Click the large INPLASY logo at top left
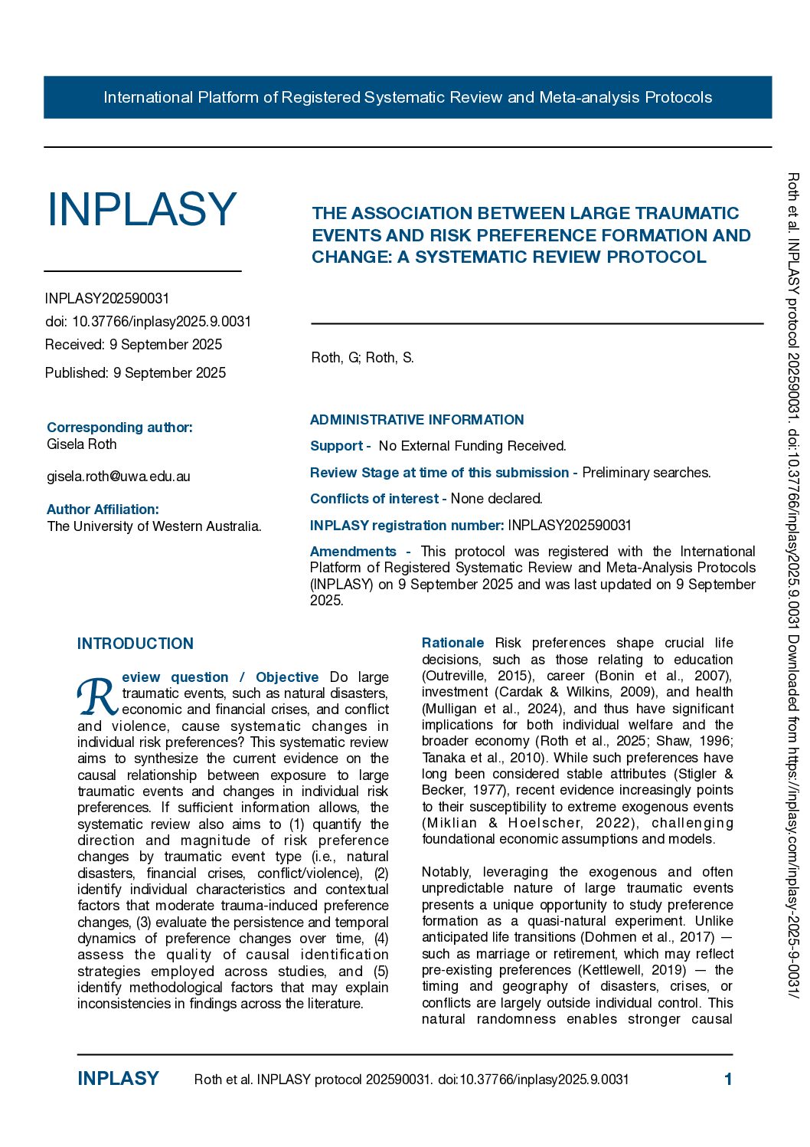point(142,209)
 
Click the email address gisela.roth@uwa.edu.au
point(119,477)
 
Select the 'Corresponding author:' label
point(119,428)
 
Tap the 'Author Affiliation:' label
point(103,510)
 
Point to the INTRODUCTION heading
point(136,644)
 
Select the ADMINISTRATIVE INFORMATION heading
point(416,420)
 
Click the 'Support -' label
point(340,446)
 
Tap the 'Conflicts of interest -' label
point(378,499)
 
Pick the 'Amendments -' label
point(359,552)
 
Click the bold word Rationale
point(452,643)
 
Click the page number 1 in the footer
point(728,1080)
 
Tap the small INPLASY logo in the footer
point(118,1079)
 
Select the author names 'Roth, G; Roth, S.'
point(362,358)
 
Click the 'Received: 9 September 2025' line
point(133,345)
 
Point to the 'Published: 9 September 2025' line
point(136,373)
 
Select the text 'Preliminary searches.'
point(646,473)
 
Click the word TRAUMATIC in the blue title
point(683,213)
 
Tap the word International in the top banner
point(148,97)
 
